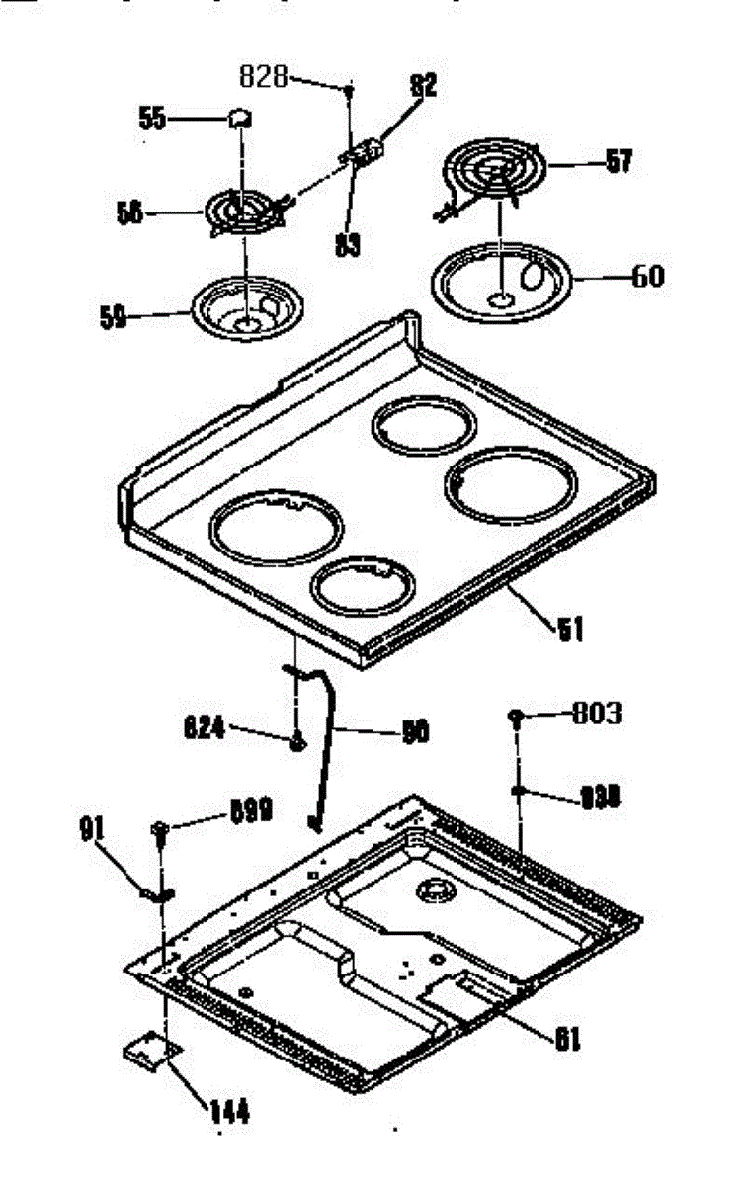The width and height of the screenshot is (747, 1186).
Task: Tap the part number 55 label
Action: [152, 120]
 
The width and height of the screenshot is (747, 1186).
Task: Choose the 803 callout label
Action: [597, 714]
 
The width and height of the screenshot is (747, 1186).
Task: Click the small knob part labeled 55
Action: [239, 119]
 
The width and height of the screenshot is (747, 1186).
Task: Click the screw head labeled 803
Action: [517, 716]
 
